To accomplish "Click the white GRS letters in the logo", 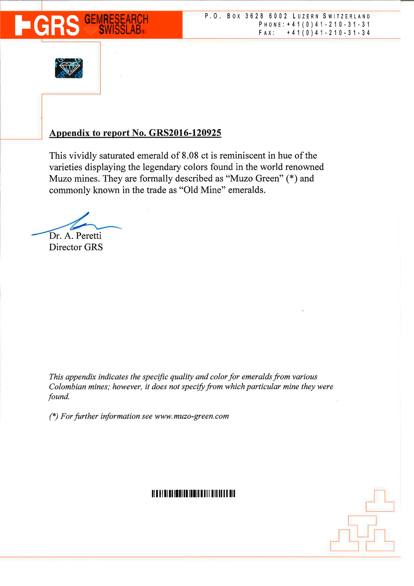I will pyautogui.click(x=57, y=25).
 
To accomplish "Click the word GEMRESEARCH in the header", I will pyautogui.click(x=116, y=19).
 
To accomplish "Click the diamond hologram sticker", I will pyautogui.click(x=69, y=68).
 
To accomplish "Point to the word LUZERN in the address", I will pyautogui.click(x=306, y=16).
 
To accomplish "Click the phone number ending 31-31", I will pyautogui.click(x=328, y=25).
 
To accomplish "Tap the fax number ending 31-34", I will pyautogui.click(x=328, y=33).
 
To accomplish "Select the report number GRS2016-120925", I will pyautogui.click(x=185, y=133).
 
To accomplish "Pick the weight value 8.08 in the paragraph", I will pyautogui.click(x=190, y=156).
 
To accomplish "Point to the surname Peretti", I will pyautogui.click(x=89, y=236).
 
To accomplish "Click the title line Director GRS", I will pyautogui.click(x=76, y=247).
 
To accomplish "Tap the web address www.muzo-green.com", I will pyautogui.click(x=192, y=416).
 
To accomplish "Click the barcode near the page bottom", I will pyautogui.click(x=193, y=493).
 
